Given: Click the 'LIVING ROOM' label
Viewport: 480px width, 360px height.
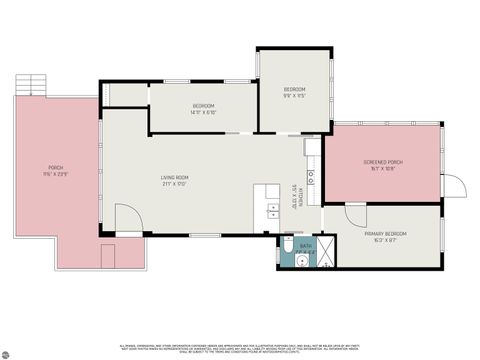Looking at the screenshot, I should click(x=175, y=178).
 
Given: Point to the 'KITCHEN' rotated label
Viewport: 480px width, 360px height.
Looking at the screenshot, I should click(x=294, y=195).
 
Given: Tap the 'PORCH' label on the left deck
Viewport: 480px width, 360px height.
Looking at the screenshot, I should click(x=56, y=167).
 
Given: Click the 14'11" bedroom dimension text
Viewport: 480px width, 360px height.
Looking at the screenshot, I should click(x=204, y=112).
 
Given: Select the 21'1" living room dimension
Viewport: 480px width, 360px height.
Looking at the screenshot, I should click(x=175, y=184).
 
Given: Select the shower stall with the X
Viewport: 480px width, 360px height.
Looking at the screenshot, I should click(x=327, y=251).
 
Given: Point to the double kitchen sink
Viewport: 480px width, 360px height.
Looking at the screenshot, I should click(x=272, y=212).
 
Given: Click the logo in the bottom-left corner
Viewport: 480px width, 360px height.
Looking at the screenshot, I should click(x=7, y=352).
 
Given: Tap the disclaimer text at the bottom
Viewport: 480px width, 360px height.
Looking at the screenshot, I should click(x=240, y=340).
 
